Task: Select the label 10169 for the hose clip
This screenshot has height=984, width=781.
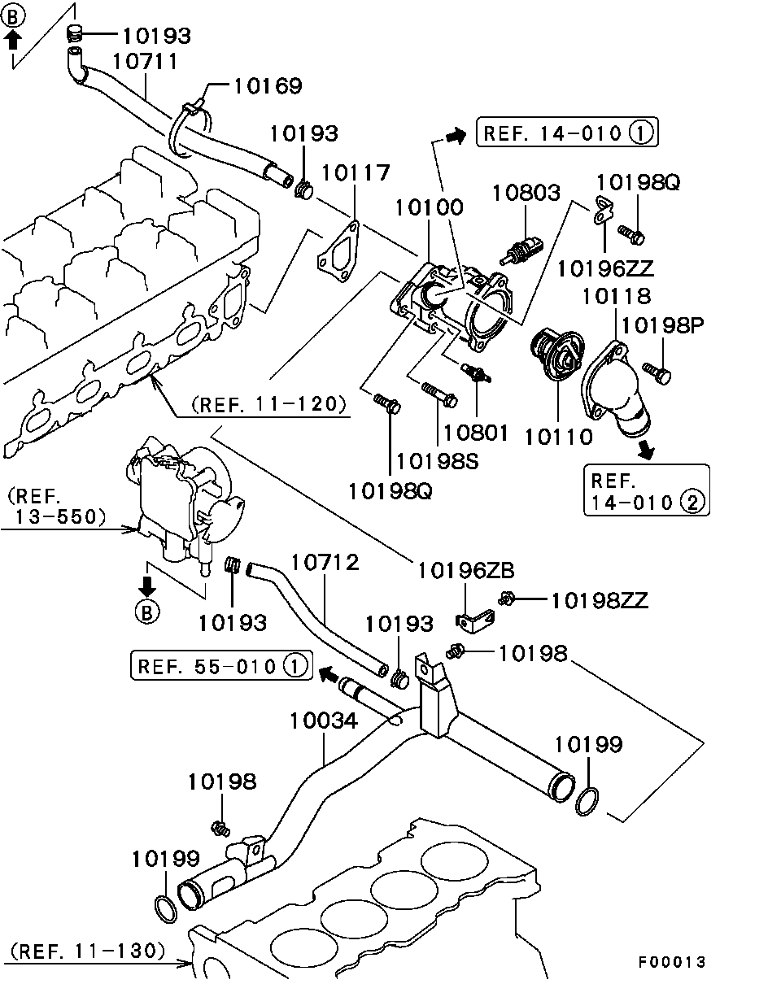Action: (268, 86)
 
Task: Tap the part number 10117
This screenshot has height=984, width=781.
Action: (356, 172)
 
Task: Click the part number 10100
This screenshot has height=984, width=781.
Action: (429, 207)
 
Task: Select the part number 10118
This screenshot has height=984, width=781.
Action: (615, 295)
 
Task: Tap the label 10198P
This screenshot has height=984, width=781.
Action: (663, 325)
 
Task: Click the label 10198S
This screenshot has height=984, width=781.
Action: (437, 461)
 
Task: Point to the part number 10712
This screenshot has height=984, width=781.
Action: (325, 562)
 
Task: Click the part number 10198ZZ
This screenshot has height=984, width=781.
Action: (599, 600)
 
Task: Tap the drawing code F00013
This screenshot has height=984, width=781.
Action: (671, 962)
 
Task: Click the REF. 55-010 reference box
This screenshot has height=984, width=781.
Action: (220, 667)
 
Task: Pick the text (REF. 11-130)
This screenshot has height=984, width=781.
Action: (89, 950)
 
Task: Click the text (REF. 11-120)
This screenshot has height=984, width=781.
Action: (269, 403)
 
